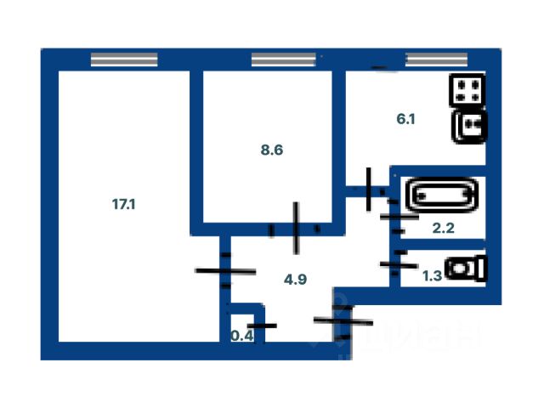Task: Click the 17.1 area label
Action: pos(124,204)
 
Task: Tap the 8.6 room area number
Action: pos(271,150)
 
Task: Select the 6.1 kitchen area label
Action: pos(405,120)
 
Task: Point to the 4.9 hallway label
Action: pos(295,276)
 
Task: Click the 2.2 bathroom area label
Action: pos(443,228)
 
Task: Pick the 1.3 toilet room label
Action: pos(433,274)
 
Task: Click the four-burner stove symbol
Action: pos(468,90)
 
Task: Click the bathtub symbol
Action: pos(440,195)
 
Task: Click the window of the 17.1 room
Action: pos(124,59)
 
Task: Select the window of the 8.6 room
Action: pos(284,59)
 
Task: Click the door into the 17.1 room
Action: pos(225,271)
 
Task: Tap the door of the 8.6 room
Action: pos(295,228)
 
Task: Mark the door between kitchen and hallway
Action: pos(369,190)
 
